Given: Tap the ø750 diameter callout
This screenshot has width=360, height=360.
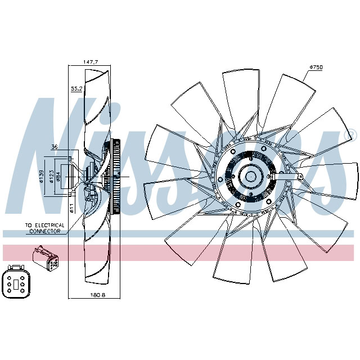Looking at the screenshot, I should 316,67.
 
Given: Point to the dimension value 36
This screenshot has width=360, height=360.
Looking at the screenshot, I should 55,147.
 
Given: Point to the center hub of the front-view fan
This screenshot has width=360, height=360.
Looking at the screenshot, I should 249,177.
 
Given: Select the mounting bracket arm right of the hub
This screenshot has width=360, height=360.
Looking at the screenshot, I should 293,178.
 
